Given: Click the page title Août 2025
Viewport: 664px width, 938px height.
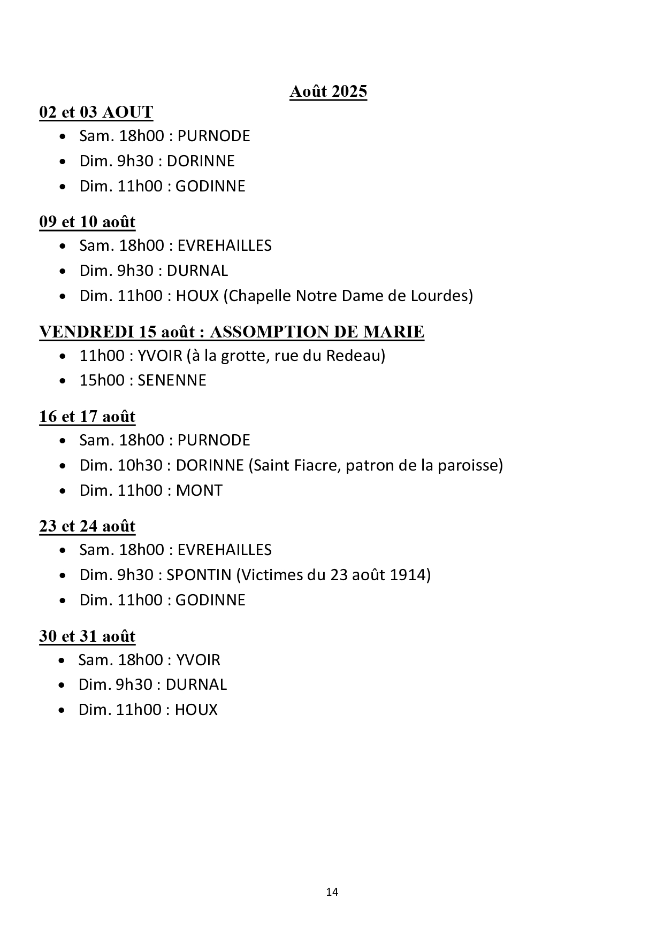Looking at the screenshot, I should [328, 91].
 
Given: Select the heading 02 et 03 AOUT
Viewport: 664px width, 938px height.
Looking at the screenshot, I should [96, 112].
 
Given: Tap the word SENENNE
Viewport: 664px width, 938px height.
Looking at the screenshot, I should [172, 380].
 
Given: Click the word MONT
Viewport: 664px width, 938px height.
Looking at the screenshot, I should [199, 490].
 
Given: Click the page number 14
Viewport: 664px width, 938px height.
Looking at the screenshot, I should [332, 892].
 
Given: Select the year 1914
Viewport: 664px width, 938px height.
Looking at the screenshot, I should [409, 575].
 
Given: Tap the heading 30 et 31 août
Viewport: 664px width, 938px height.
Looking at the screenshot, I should [87, 636].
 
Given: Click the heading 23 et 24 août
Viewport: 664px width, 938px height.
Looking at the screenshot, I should [87, 526].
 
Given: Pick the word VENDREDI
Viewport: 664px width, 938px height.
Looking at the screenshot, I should [86, 332].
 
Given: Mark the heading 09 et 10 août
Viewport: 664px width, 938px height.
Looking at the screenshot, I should [87, 222].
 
